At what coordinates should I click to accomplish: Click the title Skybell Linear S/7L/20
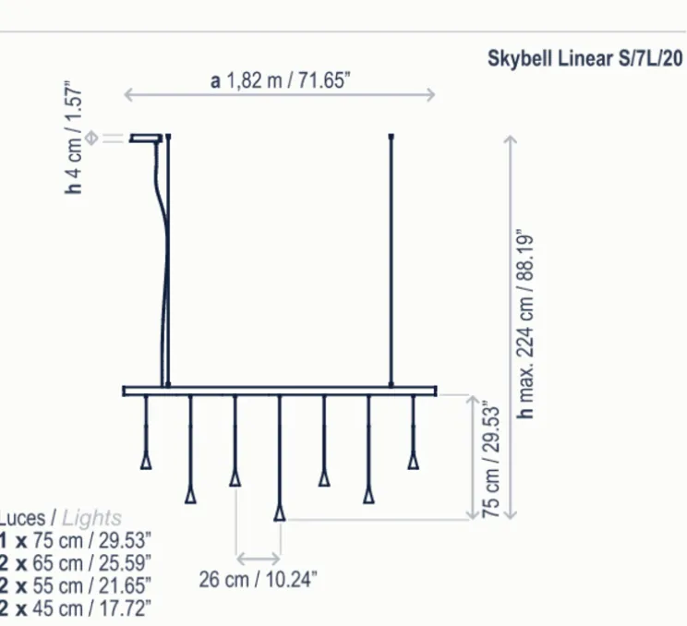click(585, 57)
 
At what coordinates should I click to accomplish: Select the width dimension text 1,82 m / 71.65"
click(280, 80)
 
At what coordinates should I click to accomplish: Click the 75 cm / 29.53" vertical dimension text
click(491, 459)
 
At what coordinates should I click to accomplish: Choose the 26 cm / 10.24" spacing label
click(259, 580)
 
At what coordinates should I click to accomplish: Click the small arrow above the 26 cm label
click(259, 558)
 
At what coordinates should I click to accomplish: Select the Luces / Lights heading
click(60, 519)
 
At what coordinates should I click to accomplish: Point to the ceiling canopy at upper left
click(146, 138)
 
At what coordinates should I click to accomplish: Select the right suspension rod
click(392, 259)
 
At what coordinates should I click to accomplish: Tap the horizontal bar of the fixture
click(280, 391)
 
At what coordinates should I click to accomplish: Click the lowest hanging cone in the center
click(280, 512)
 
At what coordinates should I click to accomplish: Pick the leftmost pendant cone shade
click(146, 460)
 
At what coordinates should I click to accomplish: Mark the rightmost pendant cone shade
click(414, 460)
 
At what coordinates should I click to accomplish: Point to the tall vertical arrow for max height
click(509, 323)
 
